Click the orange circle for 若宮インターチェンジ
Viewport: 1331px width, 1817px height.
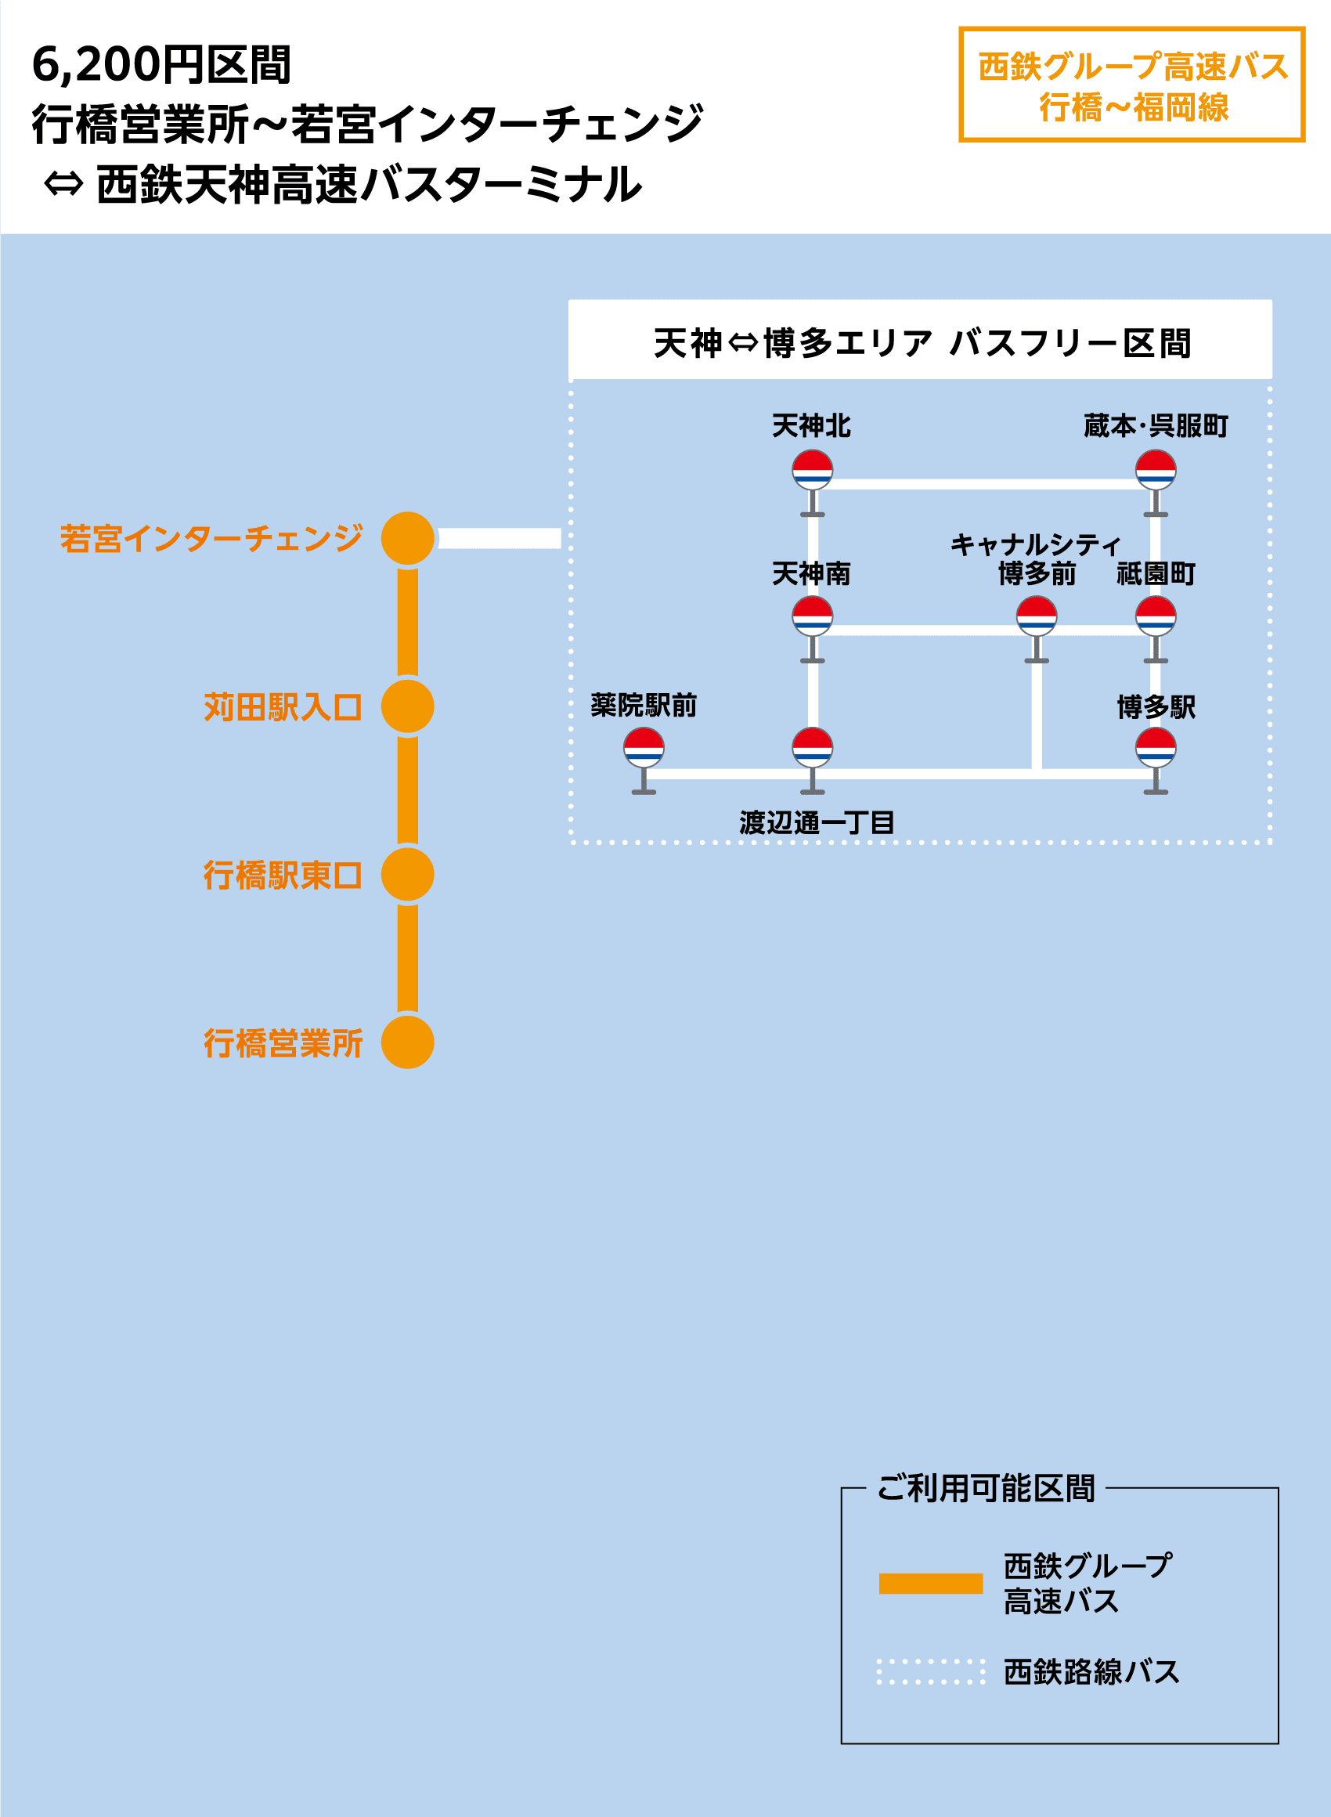click(408, 538)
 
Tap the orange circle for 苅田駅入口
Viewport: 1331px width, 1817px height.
click(408, 706)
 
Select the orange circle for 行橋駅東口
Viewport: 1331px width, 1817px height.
click(408, 874)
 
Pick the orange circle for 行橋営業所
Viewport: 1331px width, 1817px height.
click(408, 1042)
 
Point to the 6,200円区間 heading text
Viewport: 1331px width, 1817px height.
click(161, 64)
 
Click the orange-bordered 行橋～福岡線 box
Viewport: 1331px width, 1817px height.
click(1131, 85)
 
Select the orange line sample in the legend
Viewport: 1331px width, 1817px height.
click(931, 1584)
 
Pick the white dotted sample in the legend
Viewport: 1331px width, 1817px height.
click(931, 1672)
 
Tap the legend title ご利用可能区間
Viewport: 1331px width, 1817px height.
click(986, 1488)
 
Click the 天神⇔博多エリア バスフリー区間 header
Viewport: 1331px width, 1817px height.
click(920, 342)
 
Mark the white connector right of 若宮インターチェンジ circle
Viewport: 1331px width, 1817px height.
click(500, 538)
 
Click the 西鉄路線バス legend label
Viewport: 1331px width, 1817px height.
click(1091, 1672)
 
